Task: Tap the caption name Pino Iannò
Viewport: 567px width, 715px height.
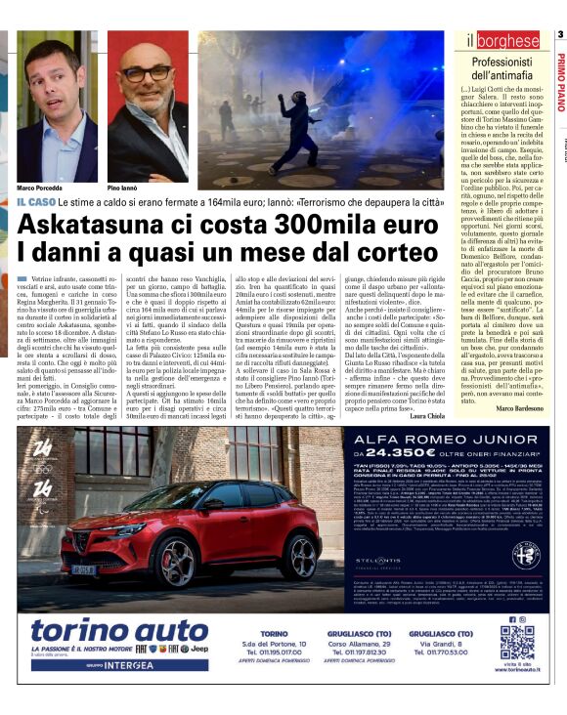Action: (126, 187)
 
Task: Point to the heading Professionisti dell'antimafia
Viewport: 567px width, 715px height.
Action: (501, 68)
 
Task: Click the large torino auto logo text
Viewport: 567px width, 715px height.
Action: (98, 630)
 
